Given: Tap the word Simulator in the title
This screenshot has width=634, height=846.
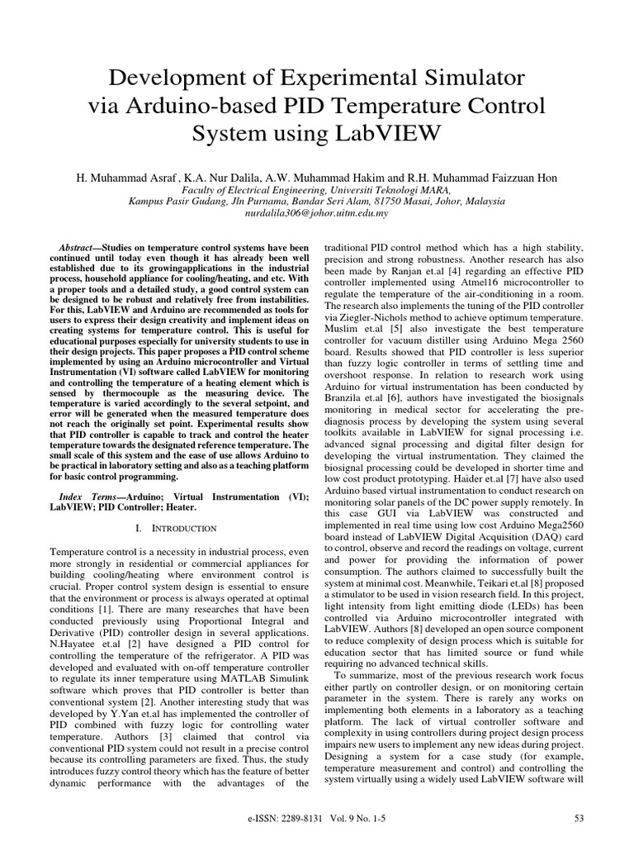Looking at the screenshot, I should [470, 79].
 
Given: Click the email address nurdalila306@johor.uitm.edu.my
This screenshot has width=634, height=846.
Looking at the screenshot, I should [317, 212].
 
